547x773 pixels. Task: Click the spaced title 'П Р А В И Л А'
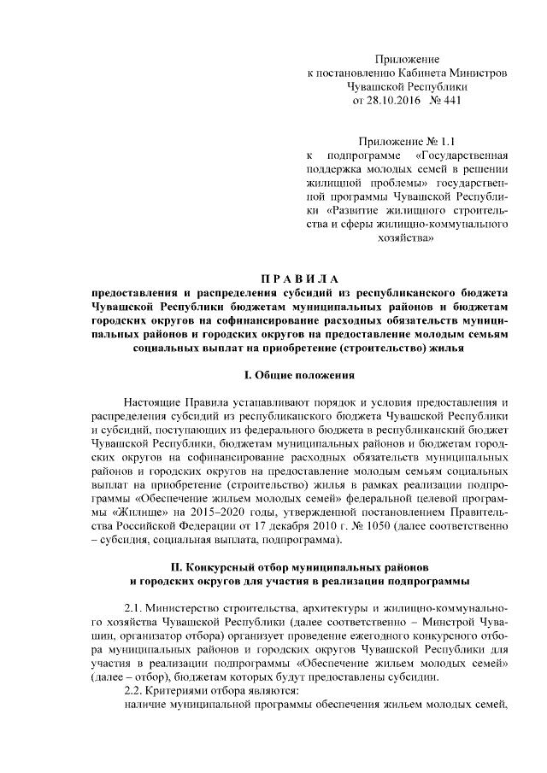(299, 278)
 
